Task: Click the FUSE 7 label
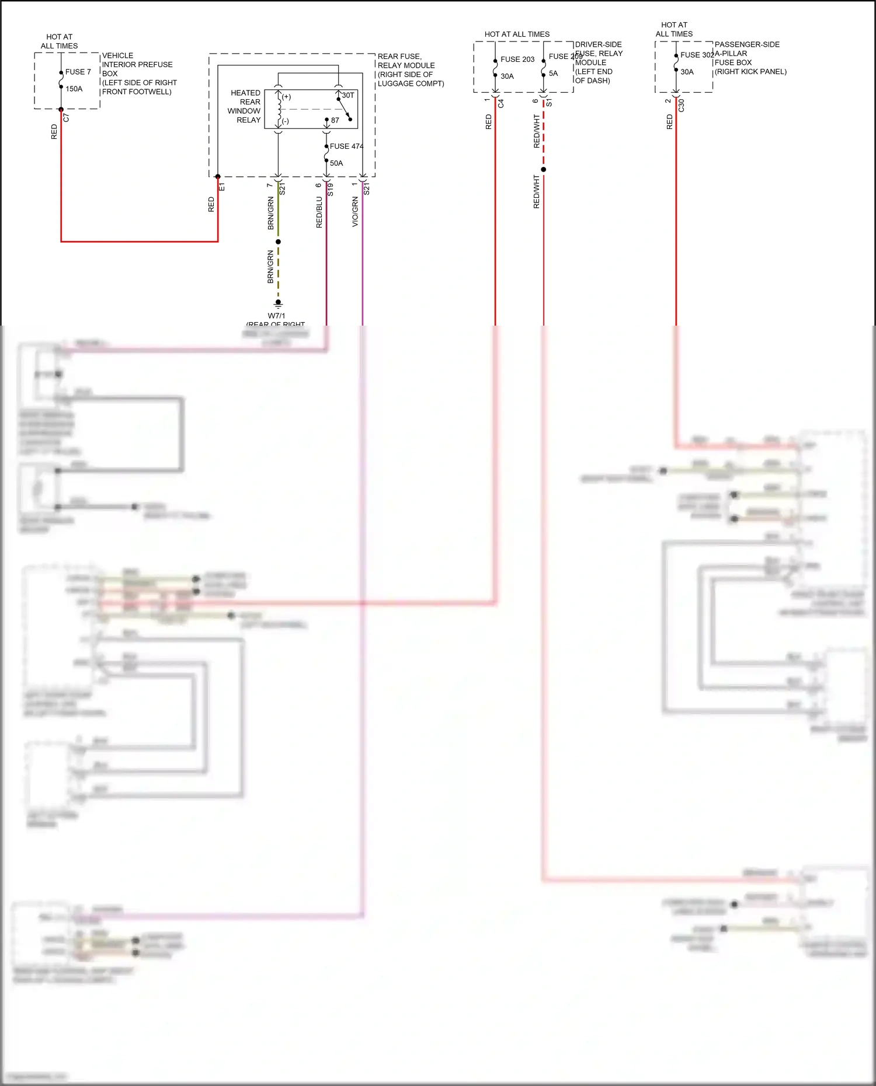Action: point(78,72)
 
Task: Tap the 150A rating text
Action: point(74,89)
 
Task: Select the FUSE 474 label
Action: point(346,146)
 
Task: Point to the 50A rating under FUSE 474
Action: point(336,163)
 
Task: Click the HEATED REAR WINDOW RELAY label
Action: point(245,106)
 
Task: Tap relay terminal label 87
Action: point(335,120)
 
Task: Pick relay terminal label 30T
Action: point(348,95)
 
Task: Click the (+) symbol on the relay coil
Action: point(286,97)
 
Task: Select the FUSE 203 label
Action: point(517,60)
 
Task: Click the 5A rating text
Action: point(553,74)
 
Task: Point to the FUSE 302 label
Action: point(697,55)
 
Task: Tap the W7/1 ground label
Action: point(276,316)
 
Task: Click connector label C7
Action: point(67,118)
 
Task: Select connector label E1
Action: point(222,187)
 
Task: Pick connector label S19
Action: point(331,189)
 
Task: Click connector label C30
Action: point(682,106)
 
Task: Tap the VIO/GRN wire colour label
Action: point(355,212)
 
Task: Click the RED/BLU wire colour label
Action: point(319,212)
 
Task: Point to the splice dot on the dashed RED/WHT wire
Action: point(543,170)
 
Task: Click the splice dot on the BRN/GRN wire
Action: point(278,242)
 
